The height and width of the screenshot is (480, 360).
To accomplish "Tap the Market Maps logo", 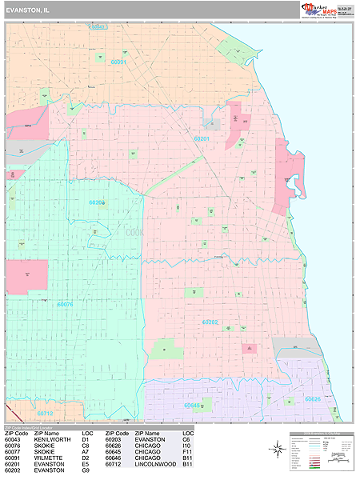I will [326, 10].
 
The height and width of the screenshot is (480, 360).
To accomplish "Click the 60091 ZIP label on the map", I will [118, 62].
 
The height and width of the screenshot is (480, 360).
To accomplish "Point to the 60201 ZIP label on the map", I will [202, 138].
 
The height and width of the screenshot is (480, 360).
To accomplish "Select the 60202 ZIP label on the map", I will [210, 322].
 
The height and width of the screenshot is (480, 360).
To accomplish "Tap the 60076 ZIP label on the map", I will [65, 304].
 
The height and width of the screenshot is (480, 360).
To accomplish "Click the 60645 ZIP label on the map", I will [192, 406].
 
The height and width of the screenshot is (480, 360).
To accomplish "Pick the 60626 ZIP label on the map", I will [312, 398].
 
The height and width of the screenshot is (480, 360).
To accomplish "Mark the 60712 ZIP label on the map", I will [45, 414].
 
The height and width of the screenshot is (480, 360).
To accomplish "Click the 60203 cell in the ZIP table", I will [114, 439].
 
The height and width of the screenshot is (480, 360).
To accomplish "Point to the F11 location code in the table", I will [188, 452].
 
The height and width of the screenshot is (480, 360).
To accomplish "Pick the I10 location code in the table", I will [187, 446].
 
